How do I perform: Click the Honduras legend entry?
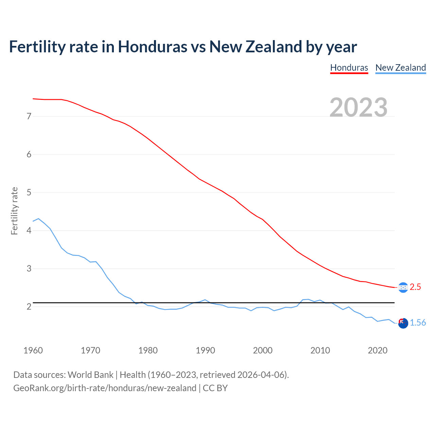pos(349,68)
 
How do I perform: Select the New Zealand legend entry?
pos(400,68)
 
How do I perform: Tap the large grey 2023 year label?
pos(359,107)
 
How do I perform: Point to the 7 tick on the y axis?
pos(29,117)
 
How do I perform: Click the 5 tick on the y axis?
pos(29,193)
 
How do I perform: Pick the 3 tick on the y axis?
pos(29,269)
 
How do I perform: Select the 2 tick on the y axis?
pos(29,307)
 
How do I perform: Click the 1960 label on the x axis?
pos(33,350)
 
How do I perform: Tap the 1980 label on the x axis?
pos(148,350)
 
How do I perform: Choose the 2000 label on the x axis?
pos(262,350)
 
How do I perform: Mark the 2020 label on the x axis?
pos(378,350)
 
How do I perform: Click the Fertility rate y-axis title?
pos(14,211)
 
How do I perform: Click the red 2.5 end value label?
pos(415,287)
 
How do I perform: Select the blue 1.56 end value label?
pos(418,323)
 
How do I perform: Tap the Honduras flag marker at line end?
pos(403,288)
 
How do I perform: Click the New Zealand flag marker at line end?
pos(403,324)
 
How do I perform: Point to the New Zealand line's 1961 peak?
pos(38,219)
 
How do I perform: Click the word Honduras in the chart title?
pos(152,47)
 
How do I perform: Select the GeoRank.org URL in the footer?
pos(105,388)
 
